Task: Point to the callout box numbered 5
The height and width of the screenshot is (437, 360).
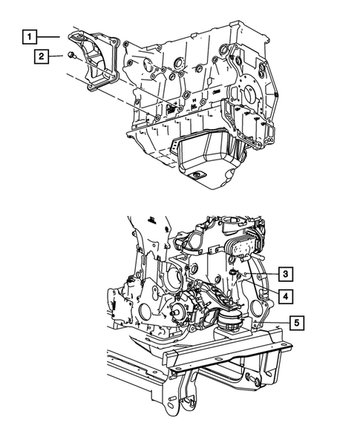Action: tap(296, 323)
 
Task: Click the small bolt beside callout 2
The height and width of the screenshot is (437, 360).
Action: tap(70, 56)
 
